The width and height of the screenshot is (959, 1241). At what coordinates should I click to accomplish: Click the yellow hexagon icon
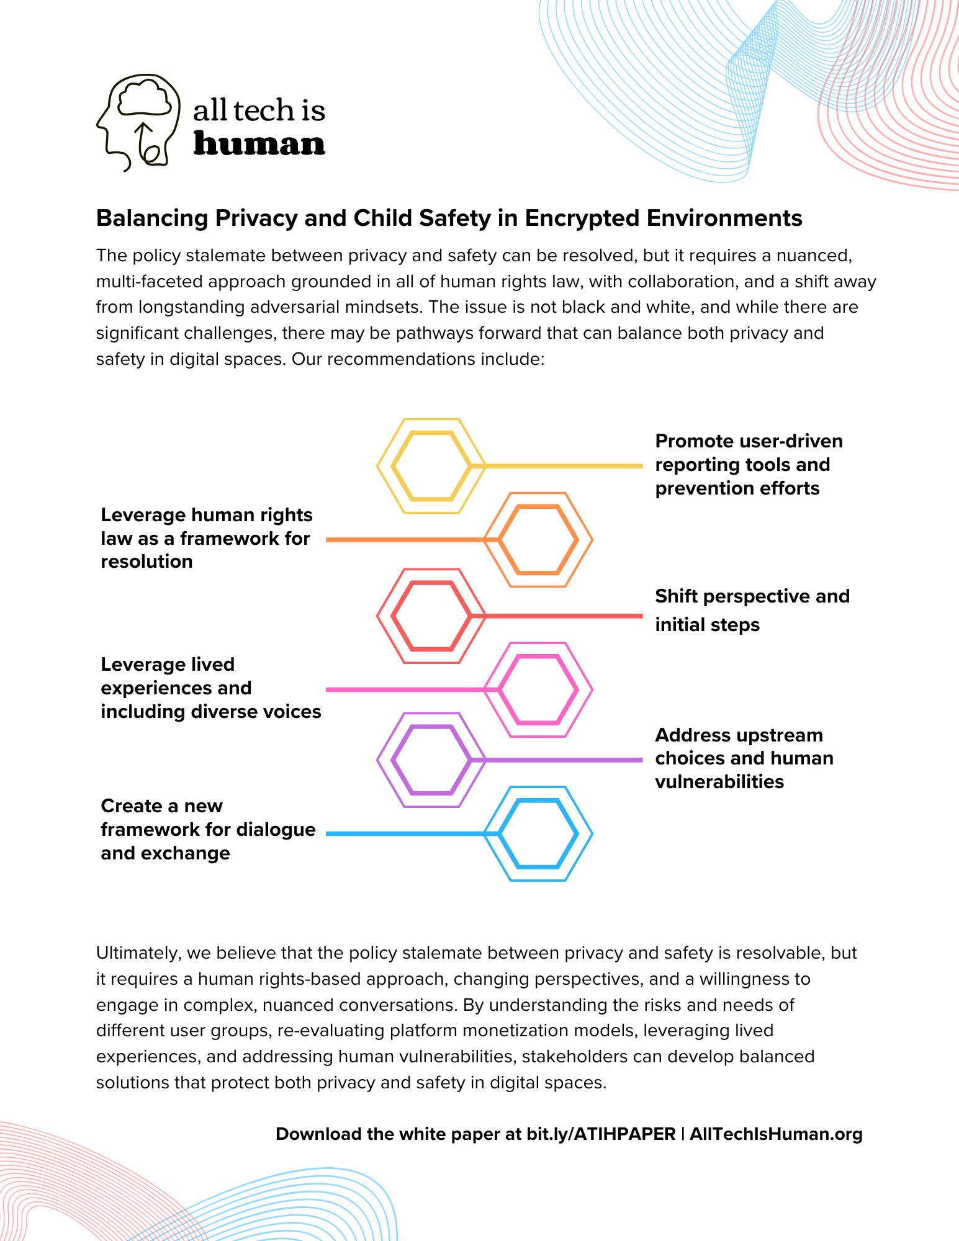tap(431, 465)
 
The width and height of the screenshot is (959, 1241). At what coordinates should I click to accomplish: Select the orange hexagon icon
tap(538, 539)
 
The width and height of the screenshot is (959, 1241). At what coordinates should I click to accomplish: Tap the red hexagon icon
tap(431, 616)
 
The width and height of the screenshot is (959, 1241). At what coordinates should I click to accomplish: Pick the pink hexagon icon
tap(538, 689)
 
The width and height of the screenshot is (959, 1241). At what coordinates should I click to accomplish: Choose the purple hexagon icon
tap(431, 759)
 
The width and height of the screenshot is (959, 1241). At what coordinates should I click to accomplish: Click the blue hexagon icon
tap(538, 833)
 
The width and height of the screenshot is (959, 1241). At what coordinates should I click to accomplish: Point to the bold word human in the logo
tap(259, 144)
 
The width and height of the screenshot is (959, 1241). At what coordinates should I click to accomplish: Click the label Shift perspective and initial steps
tap(752, 610)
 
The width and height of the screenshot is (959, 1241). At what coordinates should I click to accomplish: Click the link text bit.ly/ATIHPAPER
tap(600, 1134)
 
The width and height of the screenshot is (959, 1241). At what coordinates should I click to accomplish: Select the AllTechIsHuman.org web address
tap(776, 1134)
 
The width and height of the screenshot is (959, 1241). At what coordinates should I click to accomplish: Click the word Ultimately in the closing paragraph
tap(137, 952)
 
